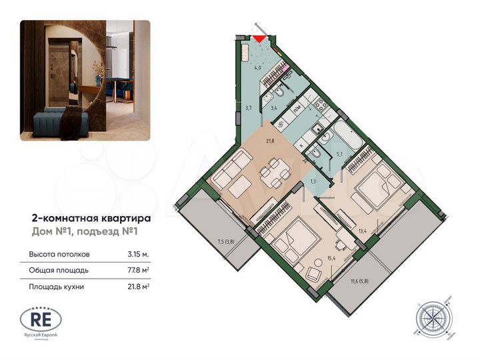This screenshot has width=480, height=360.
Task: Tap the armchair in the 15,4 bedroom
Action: pyautogui.click(x=312, y=272)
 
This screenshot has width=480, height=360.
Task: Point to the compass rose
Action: pyautogui.click(x=433, y=319)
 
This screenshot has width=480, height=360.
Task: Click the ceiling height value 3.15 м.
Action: pyautogui.click(x=139, y=255)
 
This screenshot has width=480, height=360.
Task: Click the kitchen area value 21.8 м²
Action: pyautogui.click(x=138, y=287)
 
